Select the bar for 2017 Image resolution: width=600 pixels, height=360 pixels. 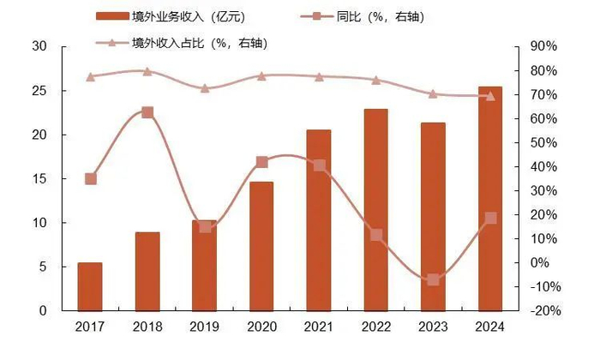coord(90,286)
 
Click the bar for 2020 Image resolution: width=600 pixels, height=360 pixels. coord(261,247)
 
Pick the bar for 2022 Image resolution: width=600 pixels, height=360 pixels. coord(375,210)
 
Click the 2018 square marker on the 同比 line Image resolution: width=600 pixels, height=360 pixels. coord(147,112)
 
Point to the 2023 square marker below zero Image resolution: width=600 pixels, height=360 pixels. coord(433,279)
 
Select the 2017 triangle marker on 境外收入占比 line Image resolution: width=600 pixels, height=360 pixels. coord(90,76)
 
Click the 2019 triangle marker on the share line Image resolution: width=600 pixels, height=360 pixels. coord(205,87)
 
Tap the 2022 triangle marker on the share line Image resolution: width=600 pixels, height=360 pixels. coord(375,80)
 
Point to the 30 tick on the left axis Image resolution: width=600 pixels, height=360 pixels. coord(39,46)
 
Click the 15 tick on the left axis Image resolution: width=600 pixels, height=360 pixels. coord(39,178)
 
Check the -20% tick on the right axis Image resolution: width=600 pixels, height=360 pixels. coord(544,311)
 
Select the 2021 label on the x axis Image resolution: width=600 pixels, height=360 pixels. coord(319,327)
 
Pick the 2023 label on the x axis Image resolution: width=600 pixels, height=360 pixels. coord(433,327)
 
